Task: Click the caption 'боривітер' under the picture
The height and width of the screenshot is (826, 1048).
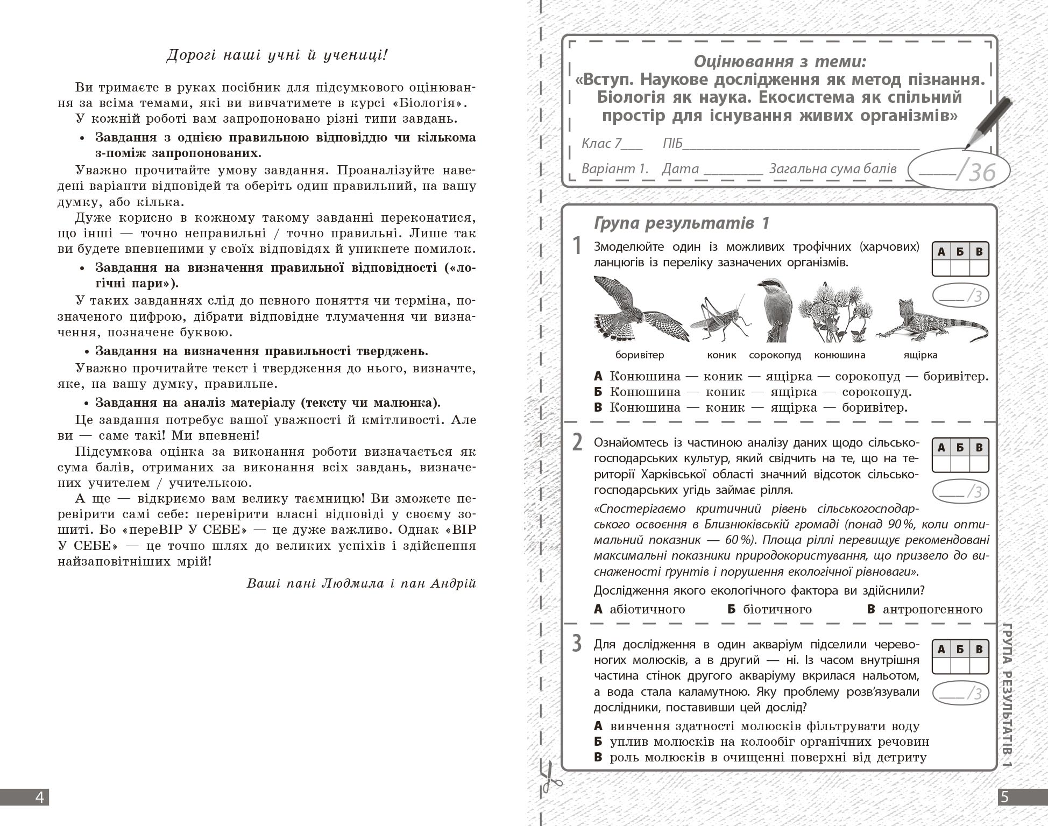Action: [x=640, y=355]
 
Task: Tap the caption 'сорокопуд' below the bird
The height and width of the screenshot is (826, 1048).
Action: [x=775, y=355]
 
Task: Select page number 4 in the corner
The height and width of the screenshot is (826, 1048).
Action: [x=39, y=797]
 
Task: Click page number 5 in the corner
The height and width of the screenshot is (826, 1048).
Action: [x=1004, y=797]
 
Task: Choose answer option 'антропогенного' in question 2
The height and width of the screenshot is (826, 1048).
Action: [x=932, y=609]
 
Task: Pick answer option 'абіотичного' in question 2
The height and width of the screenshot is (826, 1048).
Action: [x=647, y=609]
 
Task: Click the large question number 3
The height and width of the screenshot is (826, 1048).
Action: [x=577, y=644]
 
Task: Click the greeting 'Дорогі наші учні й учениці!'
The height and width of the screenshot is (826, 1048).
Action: [x=277, y=55]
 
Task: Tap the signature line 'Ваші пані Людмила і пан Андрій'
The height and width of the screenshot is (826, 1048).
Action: [x=362, y=584]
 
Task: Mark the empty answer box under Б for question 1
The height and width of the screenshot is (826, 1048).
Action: [x=960, y=268]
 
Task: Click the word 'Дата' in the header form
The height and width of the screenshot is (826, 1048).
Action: [x=680, y=169]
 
